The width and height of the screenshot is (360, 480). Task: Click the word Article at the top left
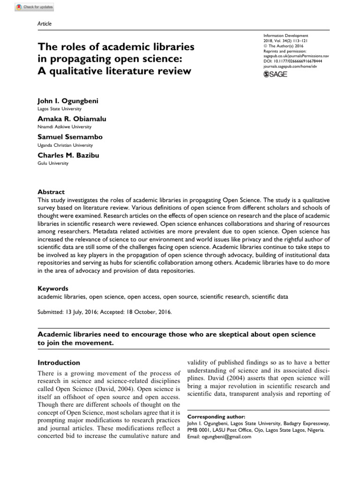(44, 24)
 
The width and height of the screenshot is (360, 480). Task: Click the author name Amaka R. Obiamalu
(72, 119)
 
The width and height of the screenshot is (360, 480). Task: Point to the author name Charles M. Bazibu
(69, 155)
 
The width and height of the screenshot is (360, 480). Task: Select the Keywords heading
(52, 289)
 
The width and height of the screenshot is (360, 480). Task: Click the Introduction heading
(59, 362)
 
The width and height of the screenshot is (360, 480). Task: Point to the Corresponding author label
(216, 416)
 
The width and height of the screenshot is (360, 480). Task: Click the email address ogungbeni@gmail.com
(219, 436)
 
